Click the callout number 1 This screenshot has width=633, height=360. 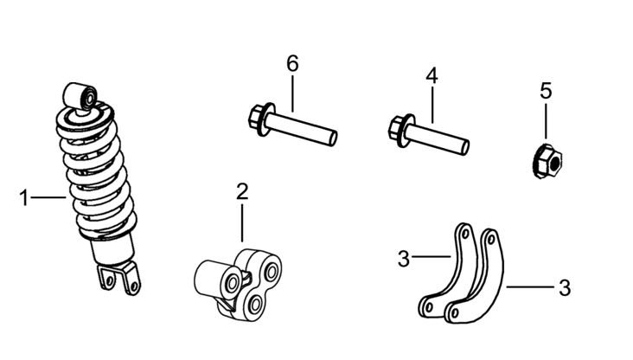[24, 198]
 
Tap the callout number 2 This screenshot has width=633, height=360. [242, 191]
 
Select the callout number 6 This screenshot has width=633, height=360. [292, 64]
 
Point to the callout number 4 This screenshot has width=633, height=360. [432, 76]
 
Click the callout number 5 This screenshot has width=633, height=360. [546, 91]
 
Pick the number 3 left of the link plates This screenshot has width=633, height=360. [404, 259]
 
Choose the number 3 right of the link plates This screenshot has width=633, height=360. [565, 288]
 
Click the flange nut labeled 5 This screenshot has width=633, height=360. [547, 162]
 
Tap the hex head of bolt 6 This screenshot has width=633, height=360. [256, 117]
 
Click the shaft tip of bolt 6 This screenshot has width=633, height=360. [333, 138]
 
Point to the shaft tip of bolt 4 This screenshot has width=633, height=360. [464, 147]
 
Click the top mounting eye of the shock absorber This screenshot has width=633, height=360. [80, 97]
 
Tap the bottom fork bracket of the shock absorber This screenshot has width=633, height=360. [119, 278]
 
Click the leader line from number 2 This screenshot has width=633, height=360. [242, 223]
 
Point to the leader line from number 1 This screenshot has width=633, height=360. [48, 197]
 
